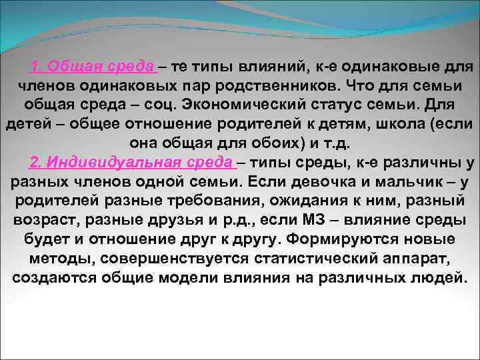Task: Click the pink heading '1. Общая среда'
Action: click(93, 67)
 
